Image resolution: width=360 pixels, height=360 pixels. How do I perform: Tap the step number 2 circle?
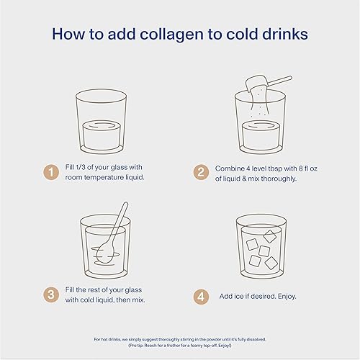click(x=202, y=172)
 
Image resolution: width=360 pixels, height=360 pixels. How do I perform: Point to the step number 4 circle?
click(x=202, y=295)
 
